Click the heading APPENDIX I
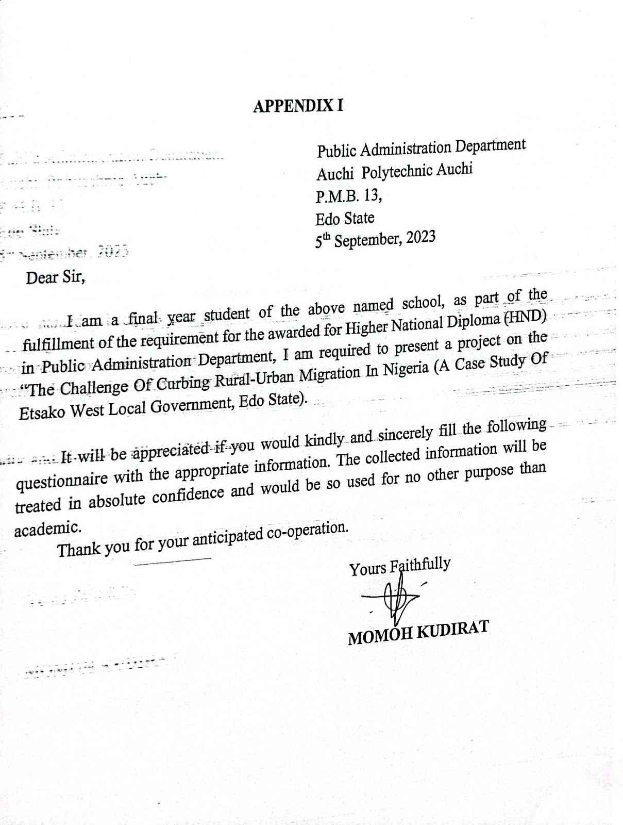tap(298, 106)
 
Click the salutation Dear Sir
tap(55, 278)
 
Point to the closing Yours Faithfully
tap(400, 567)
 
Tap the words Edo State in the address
tap(345, 219)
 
